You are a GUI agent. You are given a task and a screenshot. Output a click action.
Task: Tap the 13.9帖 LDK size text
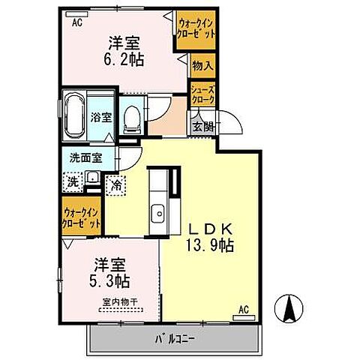pos(208,244)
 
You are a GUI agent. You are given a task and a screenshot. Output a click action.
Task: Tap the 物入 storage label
pos(203,66)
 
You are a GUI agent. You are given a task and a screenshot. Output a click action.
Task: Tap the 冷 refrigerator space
pos(116,183)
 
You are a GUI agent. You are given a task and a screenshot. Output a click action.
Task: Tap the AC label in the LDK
pos(243,308)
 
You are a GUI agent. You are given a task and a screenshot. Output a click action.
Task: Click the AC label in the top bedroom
pos(76,23)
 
